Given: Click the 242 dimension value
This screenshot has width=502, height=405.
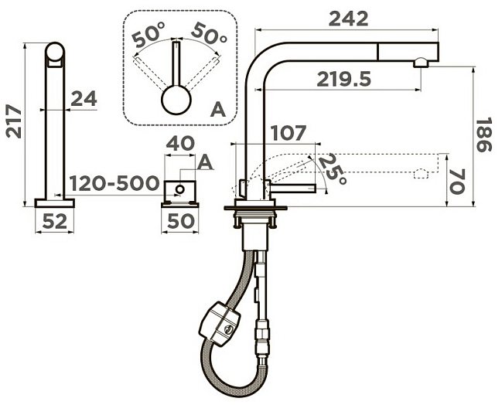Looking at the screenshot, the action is coord(348,19).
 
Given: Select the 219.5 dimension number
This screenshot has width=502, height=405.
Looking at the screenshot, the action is coord(344,80).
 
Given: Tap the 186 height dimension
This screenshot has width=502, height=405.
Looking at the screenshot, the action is coord(483,135).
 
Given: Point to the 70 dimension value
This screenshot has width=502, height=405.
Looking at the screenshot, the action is coord(457,182).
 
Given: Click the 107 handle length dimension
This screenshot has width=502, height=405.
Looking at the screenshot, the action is coord(289,133).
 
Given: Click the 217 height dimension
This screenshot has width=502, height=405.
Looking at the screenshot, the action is coord(14,121).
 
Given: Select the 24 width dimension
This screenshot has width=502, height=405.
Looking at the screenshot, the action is coord(84,98).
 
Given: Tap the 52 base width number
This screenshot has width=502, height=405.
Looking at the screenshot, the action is coord(55,221).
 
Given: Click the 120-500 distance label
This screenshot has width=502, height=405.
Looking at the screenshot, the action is coord(114,183).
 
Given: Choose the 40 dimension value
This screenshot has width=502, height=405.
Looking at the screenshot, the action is coord(180,143).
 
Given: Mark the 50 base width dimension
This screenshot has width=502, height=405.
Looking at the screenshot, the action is coord(180,221).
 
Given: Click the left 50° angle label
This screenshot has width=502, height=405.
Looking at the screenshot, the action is coord(148,36).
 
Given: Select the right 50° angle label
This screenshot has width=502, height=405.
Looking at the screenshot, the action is coord(210,33).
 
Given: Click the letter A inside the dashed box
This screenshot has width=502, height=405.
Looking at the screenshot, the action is coord(218,110).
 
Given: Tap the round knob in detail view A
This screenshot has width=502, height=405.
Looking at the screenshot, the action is coord(176,100).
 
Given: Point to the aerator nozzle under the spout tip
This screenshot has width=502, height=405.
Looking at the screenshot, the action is coord(420,63).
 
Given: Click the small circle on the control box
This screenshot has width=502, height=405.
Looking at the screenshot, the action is coord(180,189).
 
